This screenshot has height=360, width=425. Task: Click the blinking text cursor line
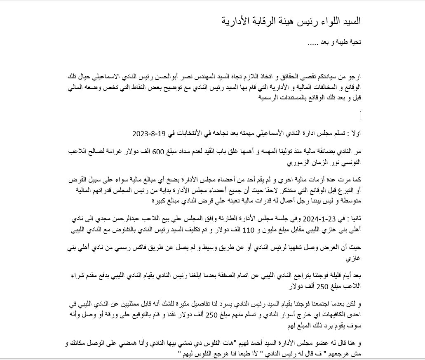click(361, 116)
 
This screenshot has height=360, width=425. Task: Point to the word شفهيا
click(304, 247)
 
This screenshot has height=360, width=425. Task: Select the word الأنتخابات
click(190, 134)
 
